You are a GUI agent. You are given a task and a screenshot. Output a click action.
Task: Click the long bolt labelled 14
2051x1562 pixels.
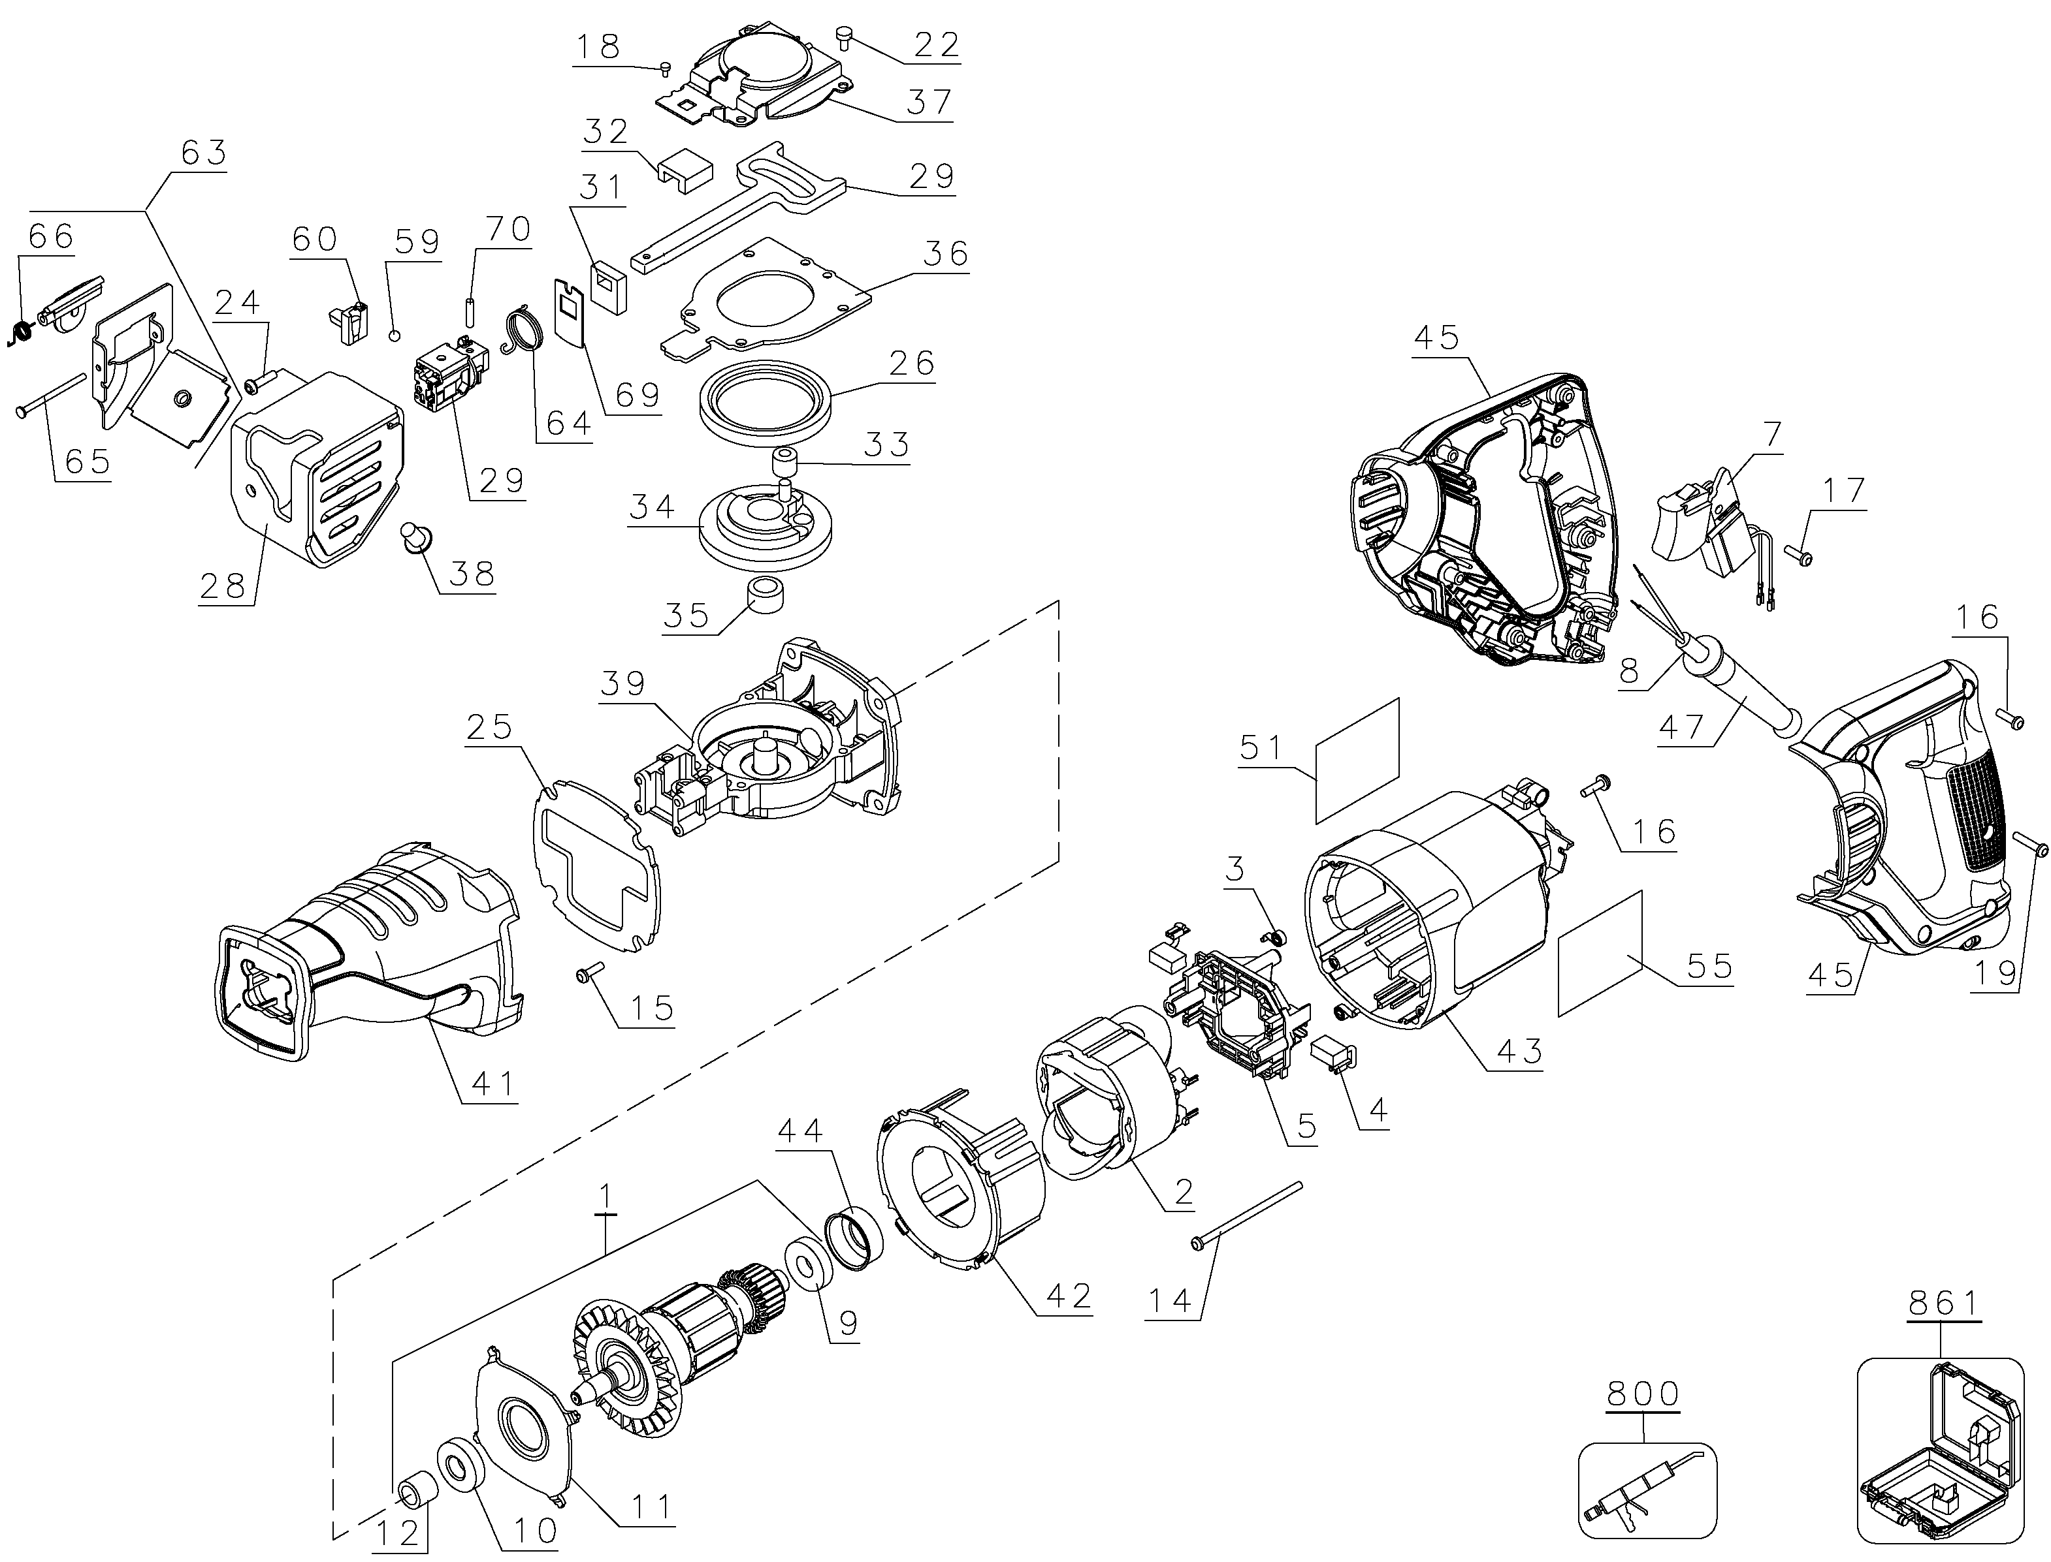tap(1246, 1213)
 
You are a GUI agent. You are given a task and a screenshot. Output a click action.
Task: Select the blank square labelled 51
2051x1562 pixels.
tap(1358, 762)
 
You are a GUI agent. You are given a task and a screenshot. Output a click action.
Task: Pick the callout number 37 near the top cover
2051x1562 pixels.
tap(928, 101)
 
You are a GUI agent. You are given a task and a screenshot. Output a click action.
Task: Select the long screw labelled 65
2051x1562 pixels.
tap(51, 394)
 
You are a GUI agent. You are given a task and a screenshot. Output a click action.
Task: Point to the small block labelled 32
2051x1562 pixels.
tap(684, 173)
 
